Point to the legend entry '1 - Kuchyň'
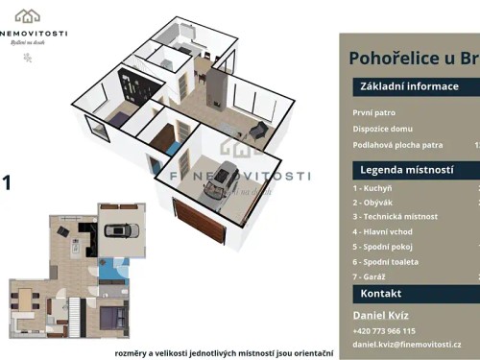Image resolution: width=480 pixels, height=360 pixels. pos(373,189)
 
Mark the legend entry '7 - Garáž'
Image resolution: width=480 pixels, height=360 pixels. pos(371,276)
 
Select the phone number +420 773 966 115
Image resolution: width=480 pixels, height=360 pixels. pos(384,330)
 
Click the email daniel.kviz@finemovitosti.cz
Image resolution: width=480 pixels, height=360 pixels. pos(407,344)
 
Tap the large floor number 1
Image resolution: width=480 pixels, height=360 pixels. pos(7,180)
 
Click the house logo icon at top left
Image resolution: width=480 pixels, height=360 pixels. pos(27,15)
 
